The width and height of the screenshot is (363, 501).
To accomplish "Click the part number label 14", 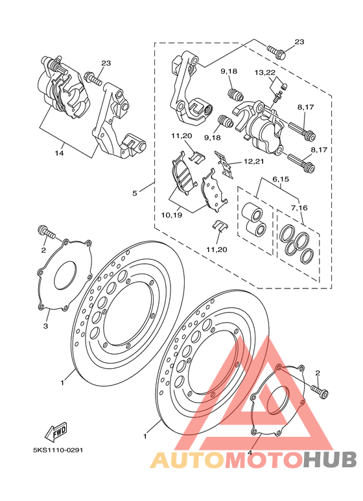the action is (59, 153).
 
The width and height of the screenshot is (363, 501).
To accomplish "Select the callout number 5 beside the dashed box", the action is (135, 193).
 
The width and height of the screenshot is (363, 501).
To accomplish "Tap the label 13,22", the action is (265, 73).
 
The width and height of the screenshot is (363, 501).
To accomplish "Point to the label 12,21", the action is (253, 161).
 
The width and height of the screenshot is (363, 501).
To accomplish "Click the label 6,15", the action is (281, 179).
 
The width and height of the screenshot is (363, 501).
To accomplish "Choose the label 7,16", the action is (299, 207).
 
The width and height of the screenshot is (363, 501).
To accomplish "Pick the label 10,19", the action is (172, 215).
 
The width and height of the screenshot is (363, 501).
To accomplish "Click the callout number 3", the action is (45, 326).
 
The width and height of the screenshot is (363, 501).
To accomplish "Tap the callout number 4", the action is (250, 453).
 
